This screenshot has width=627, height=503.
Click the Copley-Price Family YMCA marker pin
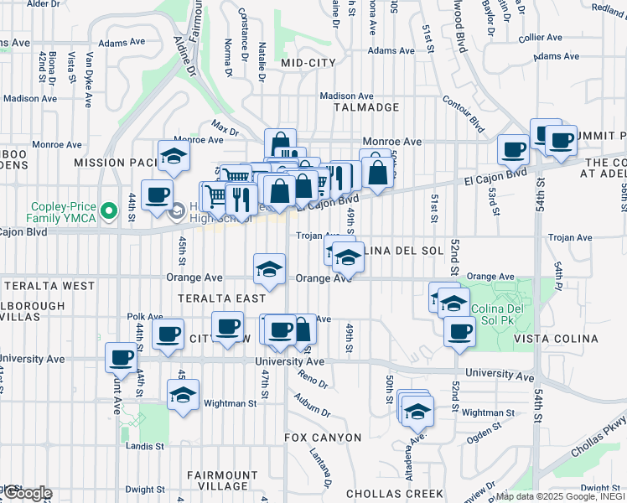[x=107, y=210]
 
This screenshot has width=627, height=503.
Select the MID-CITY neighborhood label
[x=308, y=63]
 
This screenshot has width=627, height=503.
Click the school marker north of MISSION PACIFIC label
[x=174, y=156]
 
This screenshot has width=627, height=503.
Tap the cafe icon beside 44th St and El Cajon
[x=157, y=195]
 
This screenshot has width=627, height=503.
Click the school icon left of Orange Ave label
[x=268, y=268]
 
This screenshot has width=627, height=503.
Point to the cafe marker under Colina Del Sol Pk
[x=459, y=331]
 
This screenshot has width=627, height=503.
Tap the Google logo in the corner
[x=27, y=493]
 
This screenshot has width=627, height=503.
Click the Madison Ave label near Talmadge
[x=346, y=96]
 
